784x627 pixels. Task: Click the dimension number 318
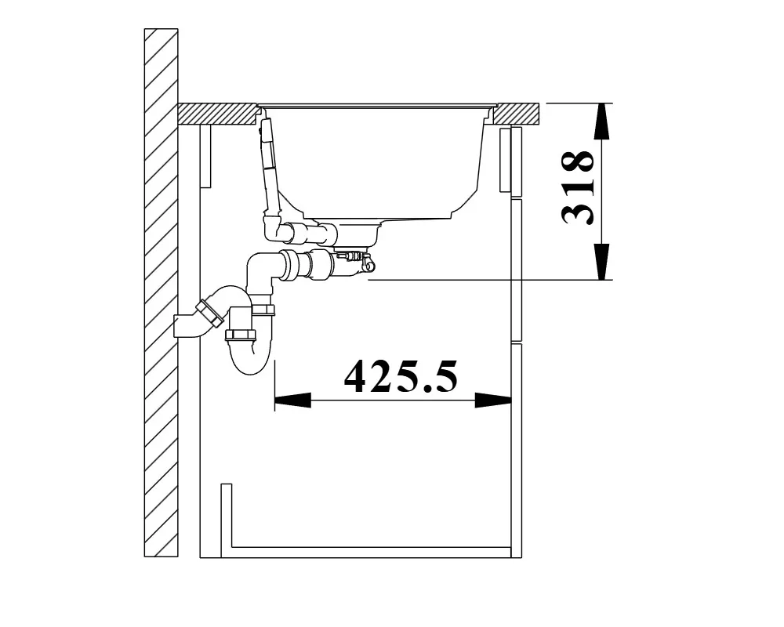pos(579,187)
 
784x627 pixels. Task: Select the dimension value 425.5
pos(401,376)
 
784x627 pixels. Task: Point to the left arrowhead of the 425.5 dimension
pos(293,400)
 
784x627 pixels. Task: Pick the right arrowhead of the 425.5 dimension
pos(493,400)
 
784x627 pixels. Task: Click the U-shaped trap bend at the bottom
pos(249,358)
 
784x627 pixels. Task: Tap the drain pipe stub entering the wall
pos(187,325)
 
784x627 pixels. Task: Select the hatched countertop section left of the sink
pos(217,114)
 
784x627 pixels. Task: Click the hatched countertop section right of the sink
pos(517,114)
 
